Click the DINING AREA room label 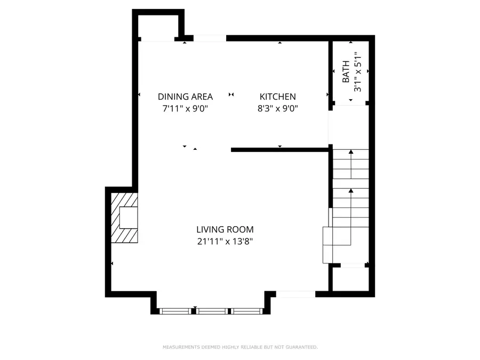185,97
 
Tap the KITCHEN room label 278,97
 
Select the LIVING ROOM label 225,229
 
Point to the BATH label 346,71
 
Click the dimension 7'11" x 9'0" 185,108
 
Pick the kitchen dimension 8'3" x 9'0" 278,108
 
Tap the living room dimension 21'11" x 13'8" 225,241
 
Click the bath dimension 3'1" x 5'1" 357,71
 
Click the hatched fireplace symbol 124,218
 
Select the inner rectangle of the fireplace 129,218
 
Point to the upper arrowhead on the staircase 351,151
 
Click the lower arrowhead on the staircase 351,190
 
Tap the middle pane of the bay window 212,311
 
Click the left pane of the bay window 175,311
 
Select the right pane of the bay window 247,311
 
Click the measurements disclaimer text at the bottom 241,347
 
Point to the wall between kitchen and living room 280,150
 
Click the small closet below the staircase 350,278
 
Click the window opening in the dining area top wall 210,38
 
